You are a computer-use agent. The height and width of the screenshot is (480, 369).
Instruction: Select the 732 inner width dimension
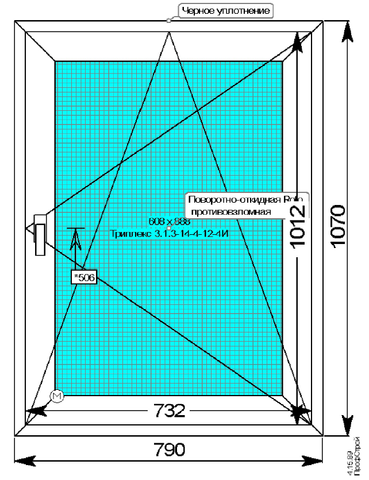point(170,411)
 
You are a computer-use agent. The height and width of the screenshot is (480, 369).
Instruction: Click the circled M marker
point(56,396)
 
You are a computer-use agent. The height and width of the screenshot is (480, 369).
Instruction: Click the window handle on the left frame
point(40,235)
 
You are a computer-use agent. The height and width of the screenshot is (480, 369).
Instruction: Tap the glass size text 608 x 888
point(169,222)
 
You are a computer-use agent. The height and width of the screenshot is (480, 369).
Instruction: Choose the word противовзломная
point(231,212)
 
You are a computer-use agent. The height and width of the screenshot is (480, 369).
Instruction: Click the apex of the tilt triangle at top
point(170,33)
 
